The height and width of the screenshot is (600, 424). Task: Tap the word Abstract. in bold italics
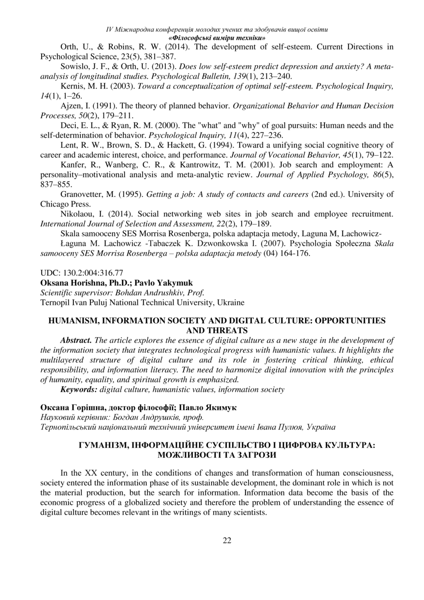[76, 340]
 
